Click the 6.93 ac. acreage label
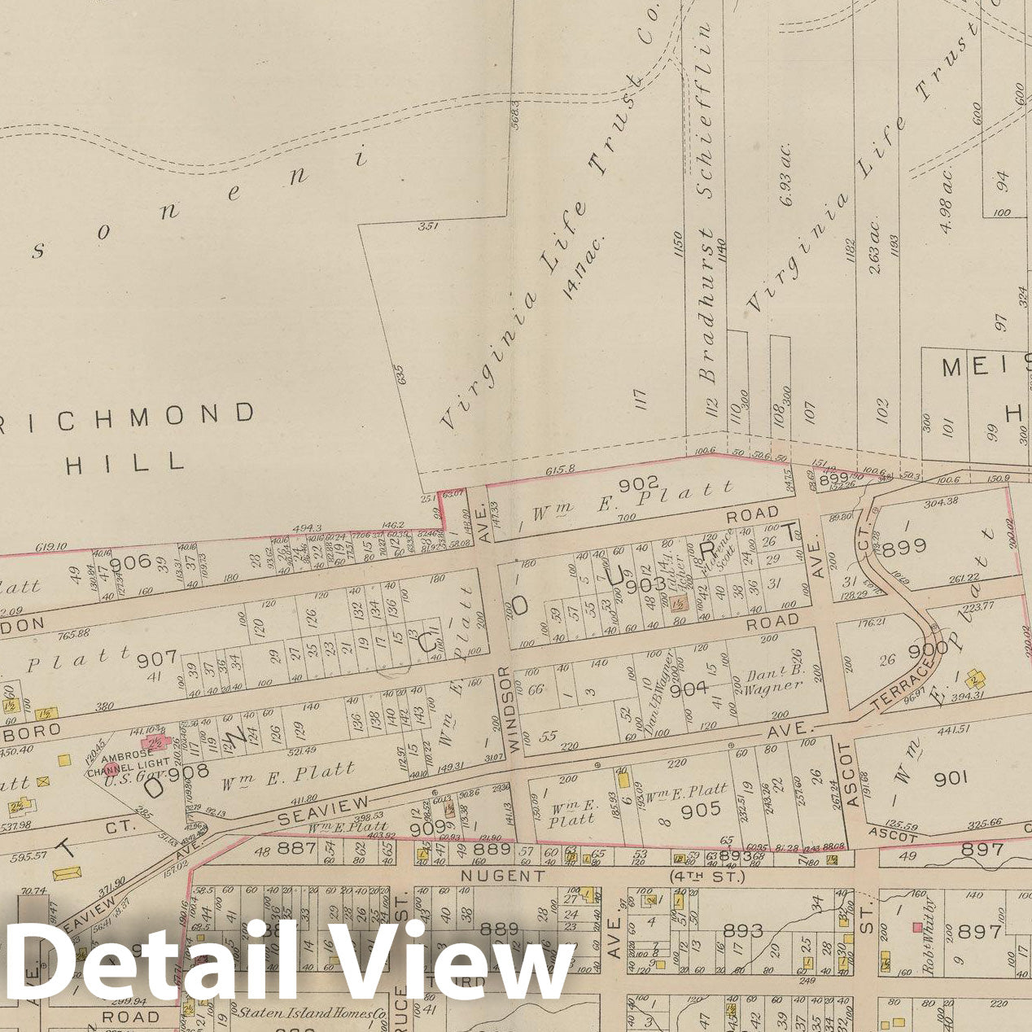point(786,174)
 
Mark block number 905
point(701,809)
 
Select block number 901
point(950,778)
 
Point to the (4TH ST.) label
point(706,877)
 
